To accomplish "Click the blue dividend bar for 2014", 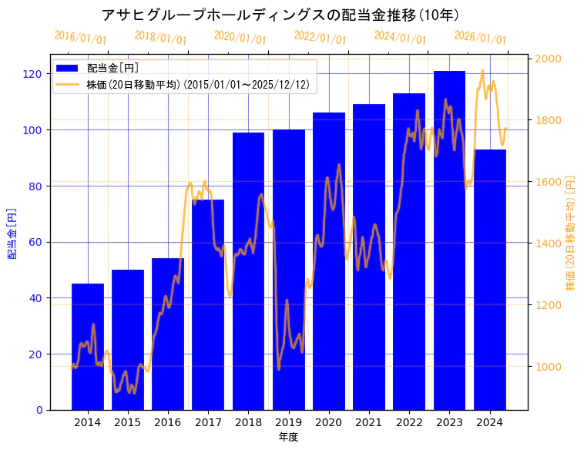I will click(x=87, y=347).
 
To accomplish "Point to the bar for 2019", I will click(x=288, y=270).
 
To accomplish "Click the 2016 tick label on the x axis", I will click(x=168, y=422).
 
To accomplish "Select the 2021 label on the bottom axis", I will click(x=369, y=422).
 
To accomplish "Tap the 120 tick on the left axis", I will click(x=32, y=74).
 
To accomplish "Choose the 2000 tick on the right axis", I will click(x=549, y=59).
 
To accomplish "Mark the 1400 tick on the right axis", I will click(x=549, y=243).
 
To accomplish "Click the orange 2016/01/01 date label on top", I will click(x=80, y=38).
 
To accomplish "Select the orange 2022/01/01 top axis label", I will click(x=320, y=38).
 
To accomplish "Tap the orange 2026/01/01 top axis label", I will click(x=480, y=38).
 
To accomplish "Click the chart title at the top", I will click(x=280, y=15).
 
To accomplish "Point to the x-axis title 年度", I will click(x=288, y=437).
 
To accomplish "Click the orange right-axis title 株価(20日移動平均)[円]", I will click(x=570, y=232).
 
